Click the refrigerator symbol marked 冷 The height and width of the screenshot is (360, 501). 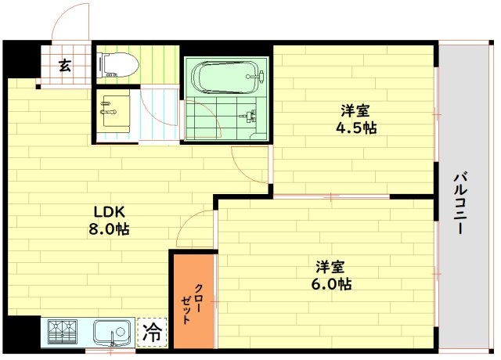[x=153, y=332]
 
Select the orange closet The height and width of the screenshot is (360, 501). [x=193, y=301]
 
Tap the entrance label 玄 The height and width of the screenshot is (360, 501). [x=63, y=65]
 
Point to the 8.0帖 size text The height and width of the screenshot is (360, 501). [x=110, y=230]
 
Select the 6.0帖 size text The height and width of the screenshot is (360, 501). [x=333, y=284]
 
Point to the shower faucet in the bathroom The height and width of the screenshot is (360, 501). [x=250, y=117]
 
